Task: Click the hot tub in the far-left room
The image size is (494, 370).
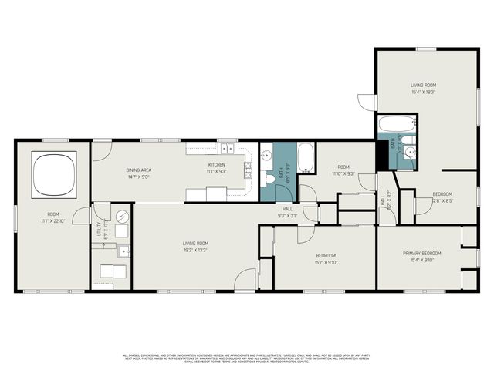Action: point(53,173)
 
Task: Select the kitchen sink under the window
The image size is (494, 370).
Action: point(227,150)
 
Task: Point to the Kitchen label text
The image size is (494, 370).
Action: point(217,165)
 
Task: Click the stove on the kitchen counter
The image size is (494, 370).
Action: point(249,170)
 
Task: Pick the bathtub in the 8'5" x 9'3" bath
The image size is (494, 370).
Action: point(306,158)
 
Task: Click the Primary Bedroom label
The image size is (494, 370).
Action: point(421,253)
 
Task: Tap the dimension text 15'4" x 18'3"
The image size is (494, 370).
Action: point(423,92)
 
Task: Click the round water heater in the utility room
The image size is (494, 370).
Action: point(121,217)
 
